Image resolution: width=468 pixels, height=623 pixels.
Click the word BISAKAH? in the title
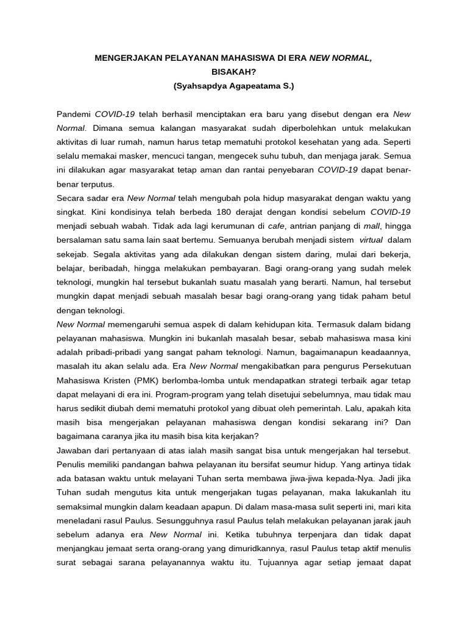tap(233, 72)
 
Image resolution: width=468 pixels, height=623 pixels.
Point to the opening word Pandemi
tap(74, 114)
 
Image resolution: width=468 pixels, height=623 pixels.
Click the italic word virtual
tap(371, 240)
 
